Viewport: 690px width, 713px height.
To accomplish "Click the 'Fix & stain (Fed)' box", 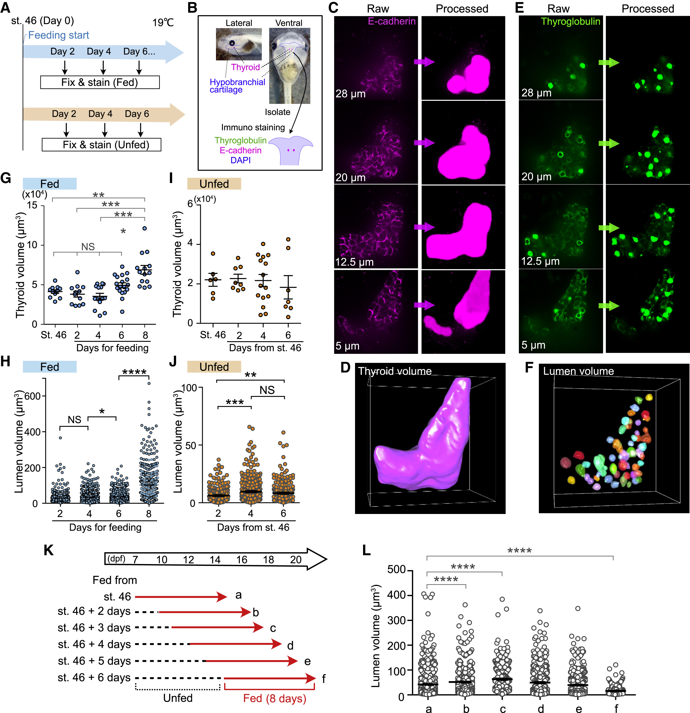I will tap(100, 82).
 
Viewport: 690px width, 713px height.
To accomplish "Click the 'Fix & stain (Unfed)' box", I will tap(102, 145).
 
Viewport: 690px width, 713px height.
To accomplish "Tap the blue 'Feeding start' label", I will tap(59, 35).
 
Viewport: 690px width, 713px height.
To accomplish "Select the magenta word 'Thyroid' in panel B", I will tap(245, 67).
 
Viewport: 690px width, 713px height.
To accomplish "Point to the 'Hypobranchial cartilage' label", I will tap(237, 86).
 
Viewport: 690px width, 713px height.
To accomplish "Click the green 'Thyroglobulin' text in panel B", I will tap(241, 140).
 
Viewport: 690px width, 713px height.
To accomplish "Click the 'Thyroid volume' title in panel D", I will tap(395, 371).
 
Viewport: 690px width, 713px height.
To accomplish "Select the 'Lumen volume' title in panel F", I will tap(578, 371).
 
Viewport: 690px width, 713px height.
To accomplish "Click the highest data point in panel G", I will tap(144, 229).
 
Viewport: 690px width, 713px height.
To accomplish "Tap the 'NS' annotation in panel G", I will tap(88, 247).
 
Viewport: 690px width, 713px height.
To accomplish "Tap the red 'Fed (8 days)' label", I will tap(275, 698).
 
